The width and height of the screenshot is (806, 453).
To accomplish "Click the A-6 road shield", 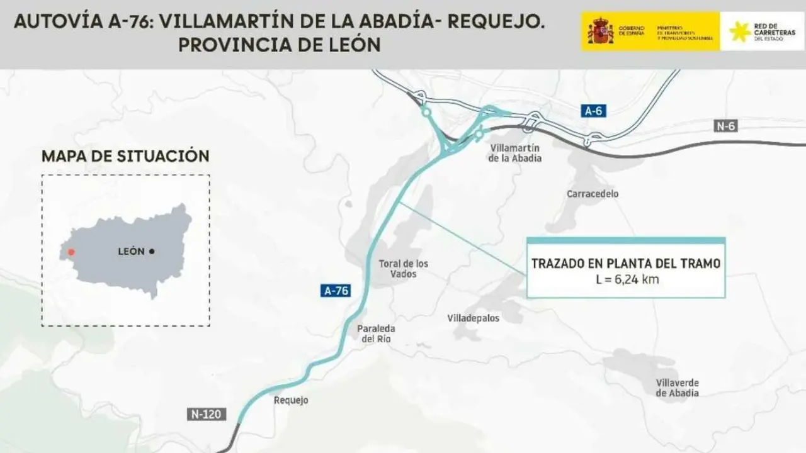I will click(x=593, y=111).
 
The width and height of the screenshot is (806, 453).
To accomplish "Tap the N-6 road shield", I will click(x=725, y=126).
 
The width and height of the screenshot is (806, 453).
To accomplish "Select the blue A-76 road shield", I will click(x=335, y=291).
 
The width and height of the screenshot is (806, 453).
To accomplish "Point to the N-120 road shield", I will click(x=207, y=415).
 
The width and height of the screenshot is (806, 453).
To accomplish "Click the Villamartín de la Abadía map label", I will click(x=514, y=153).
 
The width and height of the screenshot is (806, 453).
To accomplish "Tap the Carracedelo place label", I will click(x=593, y=194).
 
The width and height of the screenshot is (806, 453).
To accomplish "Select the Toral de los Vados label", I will click(x=404, y=269).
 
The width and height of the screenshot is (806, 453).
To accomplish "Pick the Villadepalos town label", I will click(x=473, y=318).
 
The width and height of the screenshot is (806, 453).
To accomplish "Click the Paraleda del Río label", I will click(x=376, y=334).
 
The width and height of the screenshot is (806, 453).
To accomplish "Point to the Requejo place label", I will click(x=292, y=400).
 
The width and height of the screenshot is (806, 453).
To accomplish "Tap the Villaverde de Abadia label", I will click(x=677, y=388).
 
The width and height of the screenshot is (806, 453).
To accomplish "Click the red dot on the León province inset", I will click(x=71, y=252).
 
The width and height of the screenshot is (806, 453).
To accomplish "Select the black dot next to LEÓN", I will click(x=152, y=252).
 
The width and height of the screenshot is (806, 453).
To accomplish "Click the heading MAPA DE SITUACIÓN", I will click(x=125, y=157).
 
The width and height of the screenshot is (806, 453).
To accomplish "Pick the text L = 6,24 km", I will click(x=627, y=279).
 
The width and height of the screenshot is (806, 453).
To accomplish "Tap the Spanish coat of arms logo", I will click(x=600, y=31).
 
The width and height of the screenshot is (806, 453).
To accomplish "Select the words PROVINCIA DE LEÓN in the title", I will click(x=280, y=45).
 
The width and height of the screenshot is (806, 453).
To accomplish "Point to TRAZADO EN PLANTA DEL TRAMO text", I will click(x=626, y=264).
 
